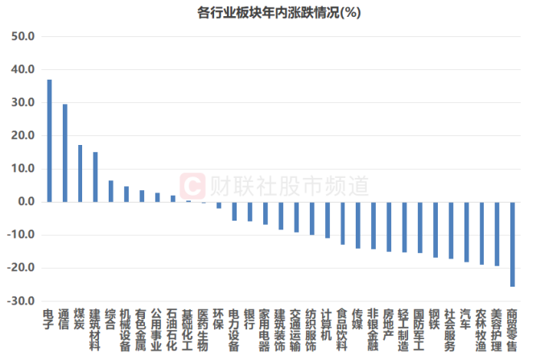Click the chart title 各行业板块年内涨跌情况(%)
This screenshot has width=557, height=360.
pyautogui.click(x=278, y=13)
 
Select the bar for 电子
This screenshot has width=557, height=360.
pyautogui.click(x=49, y=141)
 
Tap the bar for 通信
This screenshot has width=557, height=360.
pyautogui.click(x=65, y=153)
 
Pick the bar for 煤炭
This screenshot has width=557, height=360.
pyautogui.click(x=80, y=173)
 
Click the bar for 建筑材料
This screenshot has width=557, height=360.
pyautogui.click(x=96, y=177)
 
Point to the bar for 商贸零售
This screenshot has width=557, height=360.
pyautogui.click(x=513, y=245)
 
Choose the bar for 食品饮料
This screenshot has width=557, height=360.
pyautogui.click(x=343, y=224)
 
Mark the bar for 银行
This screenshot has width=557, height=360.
pyautogui.click(x=250, y=212)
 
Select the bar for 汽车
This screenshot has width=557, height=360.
pyautogui.click(x=466, y=232)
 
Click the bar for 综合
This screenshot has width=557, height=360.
pyautogui.click(x=111, y=191)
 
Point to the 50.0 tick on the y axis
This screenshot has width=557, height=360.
pyautogui.click(x=23, y=36)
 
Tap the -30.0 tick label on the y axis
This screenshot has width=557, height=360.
pyautogui.click(x=21, y=301)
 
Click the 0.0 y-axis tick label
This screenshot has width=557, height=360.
pyautogui.click(x=26, y=201)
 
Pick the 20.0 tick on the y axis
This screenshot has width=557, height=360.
pyautogui.click(x=23, y=135)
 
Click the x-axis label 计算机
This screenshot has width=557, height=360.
pyautogui.click(x=327, y=325)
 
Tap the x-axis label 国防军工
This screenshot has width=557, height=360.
pyautogui.click(x=420, y=330)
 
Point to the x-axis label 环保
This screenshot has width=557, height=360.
pyautogui.click(x=219, y=319)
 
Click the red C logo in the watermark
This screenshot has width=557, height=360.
pyautogui.click(x=192, y=186)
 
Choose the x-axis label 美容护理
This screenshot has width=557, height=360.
pyautogui.click(x=497, y=330)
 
